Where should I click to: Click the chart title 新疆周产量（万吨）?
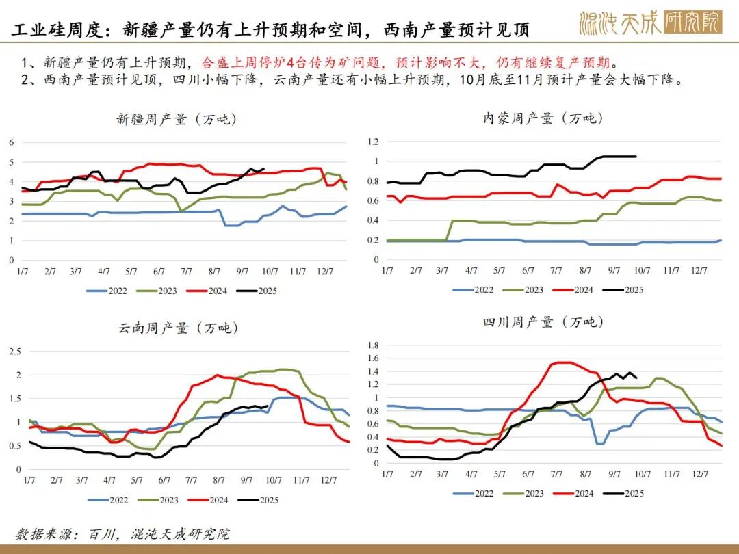coord(177,119)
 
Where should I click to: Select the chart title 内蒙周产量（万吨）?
coord(543,118)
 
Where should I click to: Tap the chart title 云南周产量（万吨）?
coord(177,328)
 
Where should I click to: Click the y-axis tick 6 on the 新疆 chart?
coord(12,142)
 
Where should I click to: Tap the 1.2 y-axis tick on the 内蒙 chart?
coord(373,142)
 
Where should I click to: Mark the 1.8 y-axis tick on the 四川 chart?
coord(373,345)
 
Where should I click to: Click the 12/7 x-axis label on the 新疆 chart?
coord(326,272)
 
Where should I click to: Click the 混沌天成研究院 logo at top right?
coord(649,23)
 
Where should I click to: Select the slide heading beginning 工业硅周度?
coord(270,30)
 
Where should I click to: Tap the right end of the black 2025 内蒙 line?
coord(636,157)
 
